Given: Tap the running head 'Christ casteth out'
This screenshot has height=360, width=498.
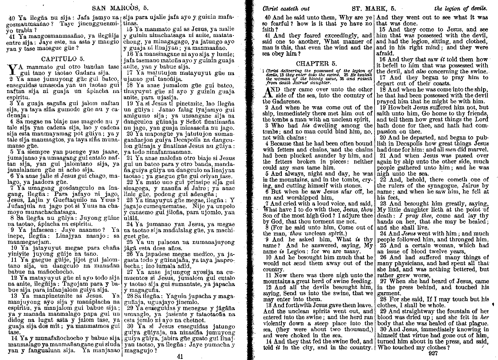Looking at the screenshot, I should [287, 8].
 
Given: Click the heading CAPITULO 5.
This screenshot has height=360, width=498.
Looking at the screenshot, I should [63, 59].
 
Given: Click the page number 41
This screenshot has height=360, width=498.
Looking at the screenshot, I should [180, 356].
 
